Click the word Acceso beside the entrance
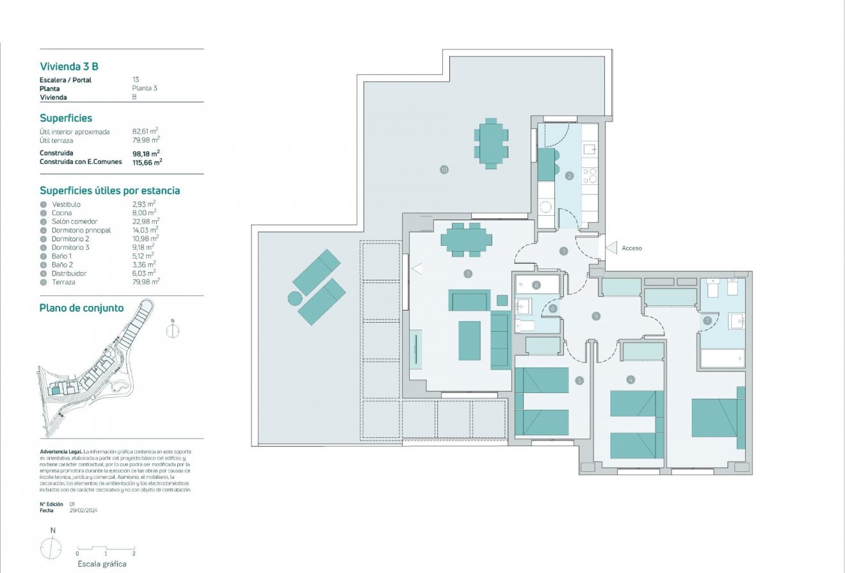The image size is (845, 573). pos(631,248)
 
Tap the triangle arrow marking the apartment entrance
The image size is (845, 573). pos(610,248)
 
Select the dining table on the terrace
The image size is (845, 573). pos(491,143)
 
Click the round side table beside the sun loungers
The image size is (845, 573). pos(294,298)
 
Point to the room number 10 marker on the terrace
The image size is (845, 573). pos(444,170)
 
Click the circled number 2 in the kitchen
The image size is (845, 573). pos(569,175)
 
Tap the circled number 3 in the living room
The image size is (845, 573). pos(468,273)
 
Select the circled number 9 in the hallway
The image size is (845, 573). pos(596,316)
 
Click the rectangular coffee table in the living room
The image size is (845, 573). pos(469,340)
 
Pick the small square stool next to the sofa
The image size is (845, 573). pos(502,300)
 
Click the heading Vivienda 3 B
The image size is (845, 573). pos(68,66)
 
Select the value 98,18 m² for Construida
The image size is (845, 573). pos(145,153)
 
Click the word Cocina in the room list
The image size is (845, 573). pos(62,213)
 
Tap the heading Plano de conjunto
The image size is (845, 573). pos(81,308)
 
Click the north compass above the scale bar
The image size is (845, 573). pos(52,549)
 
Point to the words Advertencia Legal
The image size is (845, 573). pos(60,451)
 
